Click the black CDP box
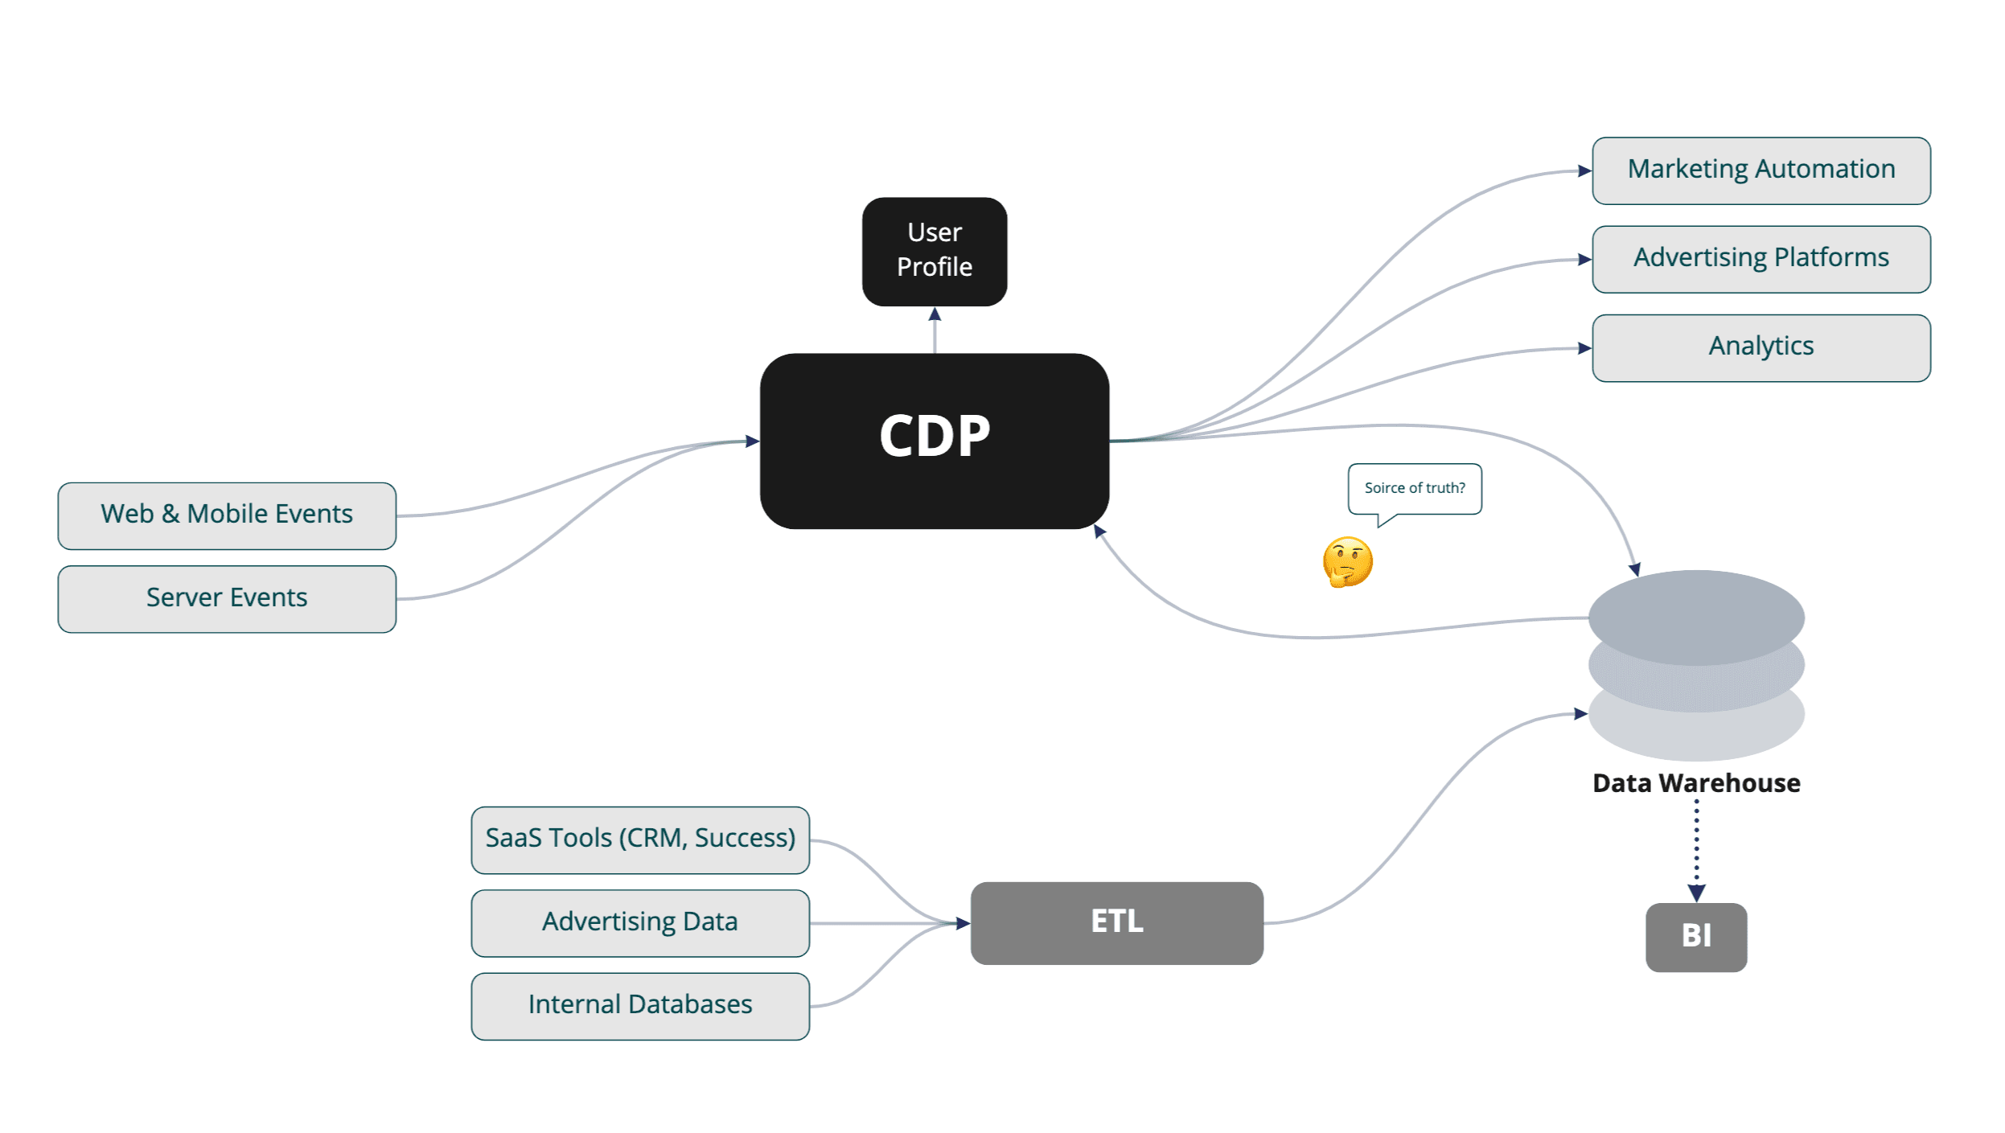[934, 441]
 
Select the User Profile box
[934, 251]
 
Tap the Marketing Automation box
[1760, 170]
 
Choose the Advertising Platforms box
[1760, 259]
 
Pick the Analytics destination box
[1760, 347]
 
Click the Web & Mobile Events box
[227, 515]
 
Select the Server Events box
[227, 598]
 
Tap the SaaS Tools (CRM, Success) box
[639, 839]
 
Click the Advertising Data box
[639, 922]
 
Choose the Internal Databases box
[639, 1005]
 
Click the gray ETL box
[1115, 922]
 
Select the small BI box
[1695, 936]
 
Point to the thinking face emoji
[1346, 561]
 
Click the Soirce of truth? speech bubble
[1414, 488]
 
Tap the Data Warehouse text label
[1695, 782]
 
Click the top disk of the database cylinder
[1695, 616]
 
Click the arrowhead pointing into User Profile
[934, 314]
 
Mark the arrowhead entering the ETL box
[962, 923]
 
